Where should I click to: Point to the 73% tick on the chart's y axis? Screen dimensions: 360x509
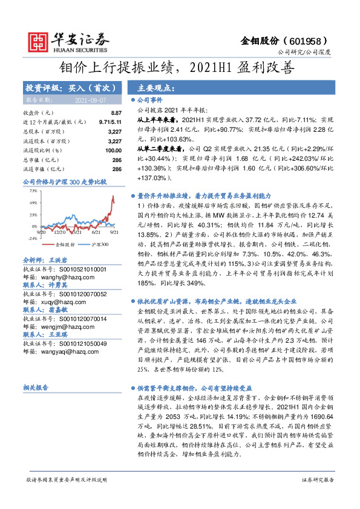click(33, 190)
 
